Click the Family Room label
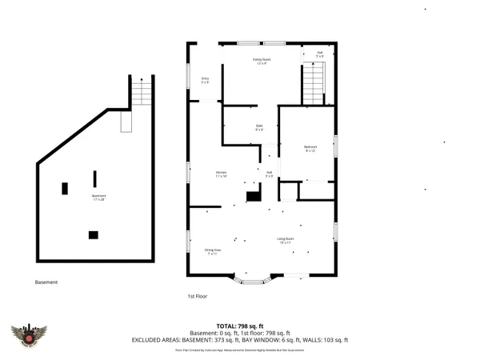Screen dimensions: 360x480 click(x=260, y=61)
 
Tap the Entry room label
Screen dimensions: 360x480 click(x=205, y=80)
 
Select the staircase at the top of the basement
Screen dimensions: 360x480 click(x=141, y=94)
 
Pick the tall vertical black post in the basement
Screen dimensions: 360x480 click(x=94, y=178)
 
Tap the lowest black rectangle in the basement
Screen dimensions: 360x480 click(x=93, y=234)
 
